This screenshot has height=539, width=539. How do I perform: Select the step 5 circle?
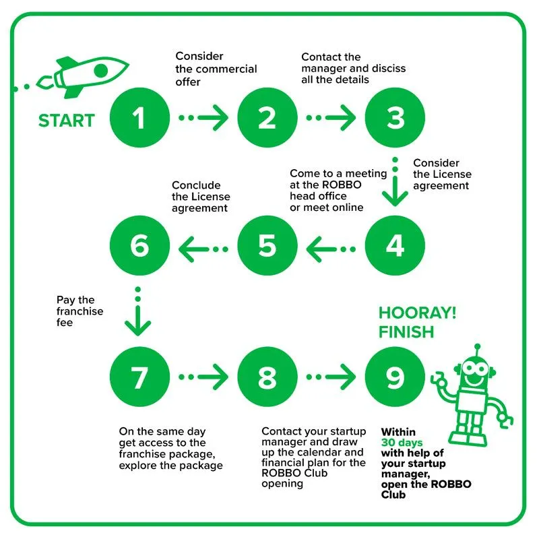point(267,247)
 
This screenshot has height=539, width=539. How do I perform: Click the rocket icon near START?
point(91,73)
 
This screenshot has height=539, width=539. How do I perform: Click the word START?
point(66,121)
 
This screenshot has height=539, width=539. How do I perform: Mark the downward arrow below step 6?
point(138,313)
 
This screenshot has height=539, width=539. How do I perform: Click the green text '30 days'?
point(402,443)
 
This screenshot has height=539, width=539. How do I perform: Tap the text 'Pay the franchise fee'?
point(80,311)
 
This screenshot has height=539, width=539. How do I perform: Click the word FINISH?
point(406,332)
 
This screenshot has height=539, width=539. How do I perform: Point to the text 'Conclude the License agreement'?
point(201,197)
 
